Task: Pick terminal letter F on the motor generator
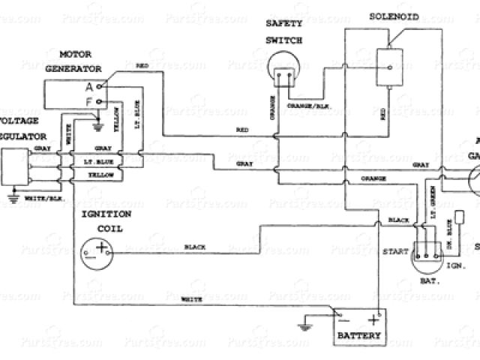pyautogui.click(x=89, y=100)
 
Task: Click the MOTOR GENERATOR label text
pyautogui.click(x=85, y=61)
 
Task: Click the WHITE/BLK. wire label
pyautogui.click(x=43, y=197)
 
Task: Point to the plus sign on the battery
pyautogui.click(x=373, y=320)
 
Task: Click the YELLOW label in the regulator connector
pyautogui.click(x=101, y=175)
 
